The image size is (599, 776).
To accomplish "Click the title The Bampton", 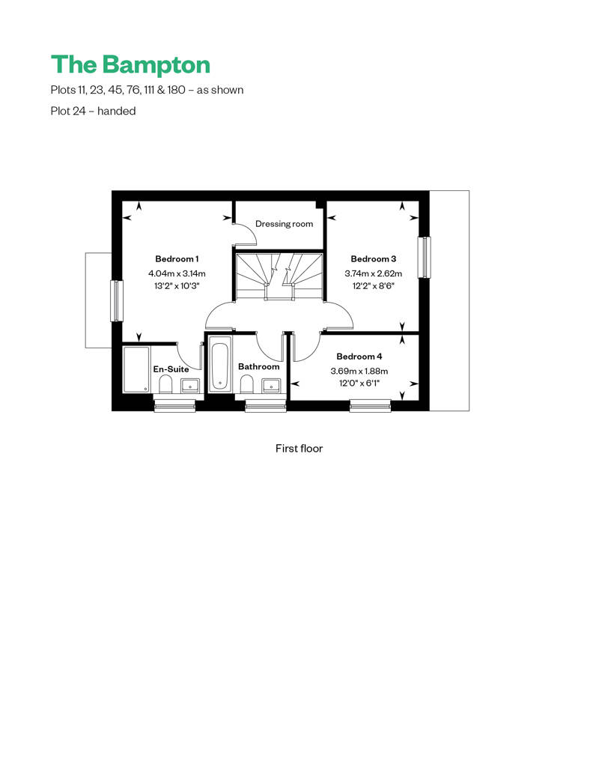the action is click(130, 65).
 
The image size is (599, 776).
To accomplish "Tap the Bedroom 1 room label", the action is click(177, 259).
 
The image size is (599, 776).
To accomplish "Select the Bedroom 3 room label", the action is click(374, 259).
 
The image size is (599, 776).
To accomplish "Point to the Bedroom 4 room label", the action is click(359, 357).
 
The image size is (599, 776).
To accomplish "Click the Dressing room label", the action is click(284, 224).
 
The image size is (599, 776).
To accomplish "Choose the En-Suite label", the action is click(171, 369).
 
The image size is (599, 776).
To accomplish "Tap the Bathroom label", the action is click(258, 367).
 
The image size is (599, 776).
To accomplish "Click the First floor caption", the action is click(299, 449).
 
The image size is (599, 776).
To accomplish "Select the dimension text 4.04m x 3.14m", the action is click(177, 273).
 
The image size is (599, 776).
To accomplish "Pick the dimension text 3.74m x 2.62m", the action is click(374, 273).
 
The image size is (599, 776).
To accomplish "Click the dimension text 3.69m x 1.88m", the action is click(359, 372).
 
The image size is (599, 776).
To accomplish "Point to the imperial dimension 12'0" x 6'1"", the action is click(359, 383).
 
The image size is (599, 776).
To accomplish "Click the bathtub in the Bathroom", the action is click(220, 365).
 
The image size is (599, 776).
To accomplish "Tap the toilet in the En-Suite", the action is click(165, 384).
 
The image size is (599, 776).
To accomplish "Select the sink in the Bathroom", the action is click(271, 385).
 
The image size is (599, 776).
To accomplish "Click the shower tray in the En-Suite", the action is click(136, 369).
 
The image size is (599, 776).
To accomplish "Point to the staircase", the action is click(279, 276).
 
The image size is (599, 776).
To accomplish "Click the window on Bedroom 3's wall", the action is click(425, 258).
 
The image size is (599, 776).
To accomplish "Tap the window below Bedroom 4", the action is click(371, 406).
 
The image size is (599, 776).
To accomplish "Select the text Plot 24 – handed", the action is click(93, 111).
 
